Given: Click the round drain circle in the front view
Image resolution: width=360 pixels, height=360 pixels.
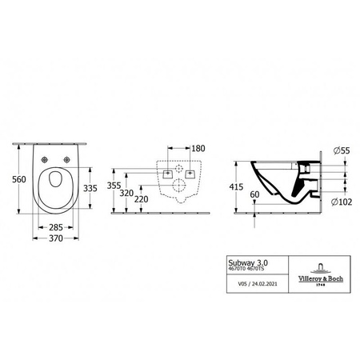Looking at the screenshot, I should pos(182,190).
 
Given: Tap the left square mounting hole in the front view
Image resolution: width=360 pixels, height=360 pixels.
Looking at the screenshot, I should pos(166,173).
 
